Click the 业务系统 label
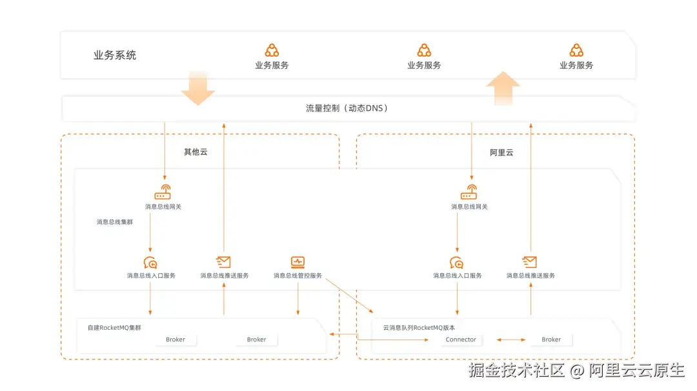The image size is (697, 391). point(115,55)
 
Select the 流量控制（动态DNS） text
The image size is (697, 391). point(347,108)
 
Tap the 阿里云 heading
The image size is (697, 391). point(501,153)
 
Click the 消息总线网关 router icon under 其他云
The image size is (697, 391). point(163,192)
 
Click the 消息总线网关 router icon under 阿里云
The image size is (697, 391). point(469,192)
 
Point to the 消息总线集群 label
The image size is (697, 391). point(115,222)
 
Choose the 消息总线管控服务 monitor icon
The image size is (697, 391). point(298,262)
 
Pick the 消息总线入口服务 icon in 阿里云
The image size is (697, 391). point(457,262)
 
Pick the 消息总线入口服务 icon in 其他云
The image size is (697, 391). point(150,262)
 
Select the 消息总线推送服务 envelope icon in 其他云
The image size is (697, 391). point(223,262)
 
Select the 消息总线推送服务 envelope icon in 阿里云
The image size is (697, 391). point(530,262)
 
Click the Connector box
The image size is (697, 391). point(461,339)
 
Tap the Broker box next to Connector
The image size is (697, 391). point(551,339)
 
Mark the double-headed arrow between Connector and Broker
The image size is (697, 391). point(510,339)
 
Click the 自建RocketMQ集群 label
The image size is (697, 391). point(114,328)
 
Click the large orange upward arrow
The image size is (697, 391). point(503,88)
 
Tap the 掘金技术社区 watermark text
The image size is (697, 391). point(517,370)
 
